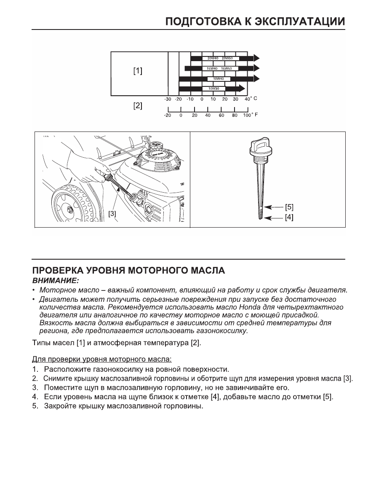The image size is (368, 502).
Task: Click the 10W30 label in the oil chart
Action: (x=213, y=89)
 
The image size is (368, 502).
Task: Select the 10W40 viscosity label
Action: (x=218, y=79)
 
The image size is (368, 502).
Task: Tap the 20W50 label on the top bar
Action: (x=227, y=58)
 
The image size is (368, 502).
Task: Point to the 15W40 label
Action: (x=212, y=68)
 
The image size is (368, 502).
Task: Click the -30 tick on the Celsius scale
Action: (x=167, y=99)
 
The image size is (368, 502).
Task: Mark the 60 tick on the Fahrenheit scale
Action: (x=221, y=115)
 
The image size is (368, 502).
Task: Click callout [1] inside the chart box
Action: (x=138, y=71)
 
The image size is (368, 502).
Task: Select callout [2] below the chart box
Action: (x=138, y=106)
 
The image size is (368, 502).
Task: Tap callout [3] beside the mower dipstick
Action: (x=112, y=214)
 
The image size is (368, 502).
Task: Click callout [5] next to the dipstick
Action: (x=289, y=207)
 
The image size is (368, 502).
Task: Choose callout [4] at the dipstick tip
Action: (x=289, y=218)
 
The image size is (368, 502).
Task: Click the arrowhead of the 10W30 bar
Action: (x=242, y=89)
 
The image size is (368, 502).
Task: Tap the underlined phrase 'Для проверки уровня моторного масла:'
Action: (x=102, y=359)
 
